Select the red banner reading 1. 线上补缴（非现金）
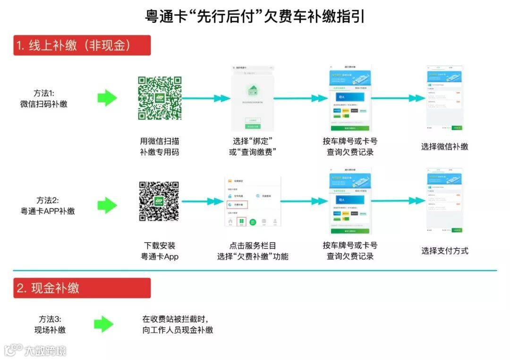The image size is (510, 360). click(x=82, y=45)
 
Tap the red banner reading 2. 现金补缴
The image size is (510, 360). click(x=82, y=288)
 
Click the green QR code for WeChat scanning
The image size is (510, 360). click(x=160, y=98)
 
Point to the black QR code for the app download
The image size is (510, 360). click(x=159, y=201)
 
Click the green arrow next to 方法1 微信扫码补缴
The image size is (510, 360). click(x=107, y=98)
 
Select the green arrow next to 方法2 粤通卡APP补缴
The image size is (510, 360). click(x=107, y=205)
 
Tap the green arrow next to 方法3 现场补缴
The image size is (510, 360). click(x=104, y=324)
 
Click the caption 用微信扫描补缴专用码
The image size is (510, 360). click(x=160, y=146)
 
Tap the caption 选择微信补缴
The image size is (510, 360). click(x=444, y=147)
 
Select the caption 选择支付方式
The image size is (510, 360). click(x=444, y=251)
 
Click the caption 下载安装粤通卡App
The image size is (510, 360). click(x=160, y=251)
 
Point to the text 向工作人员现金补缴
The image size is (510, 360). click(x=178, y=330)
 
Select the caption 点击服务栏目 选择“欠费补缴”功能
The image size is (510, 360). click(x=253, y=251)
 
